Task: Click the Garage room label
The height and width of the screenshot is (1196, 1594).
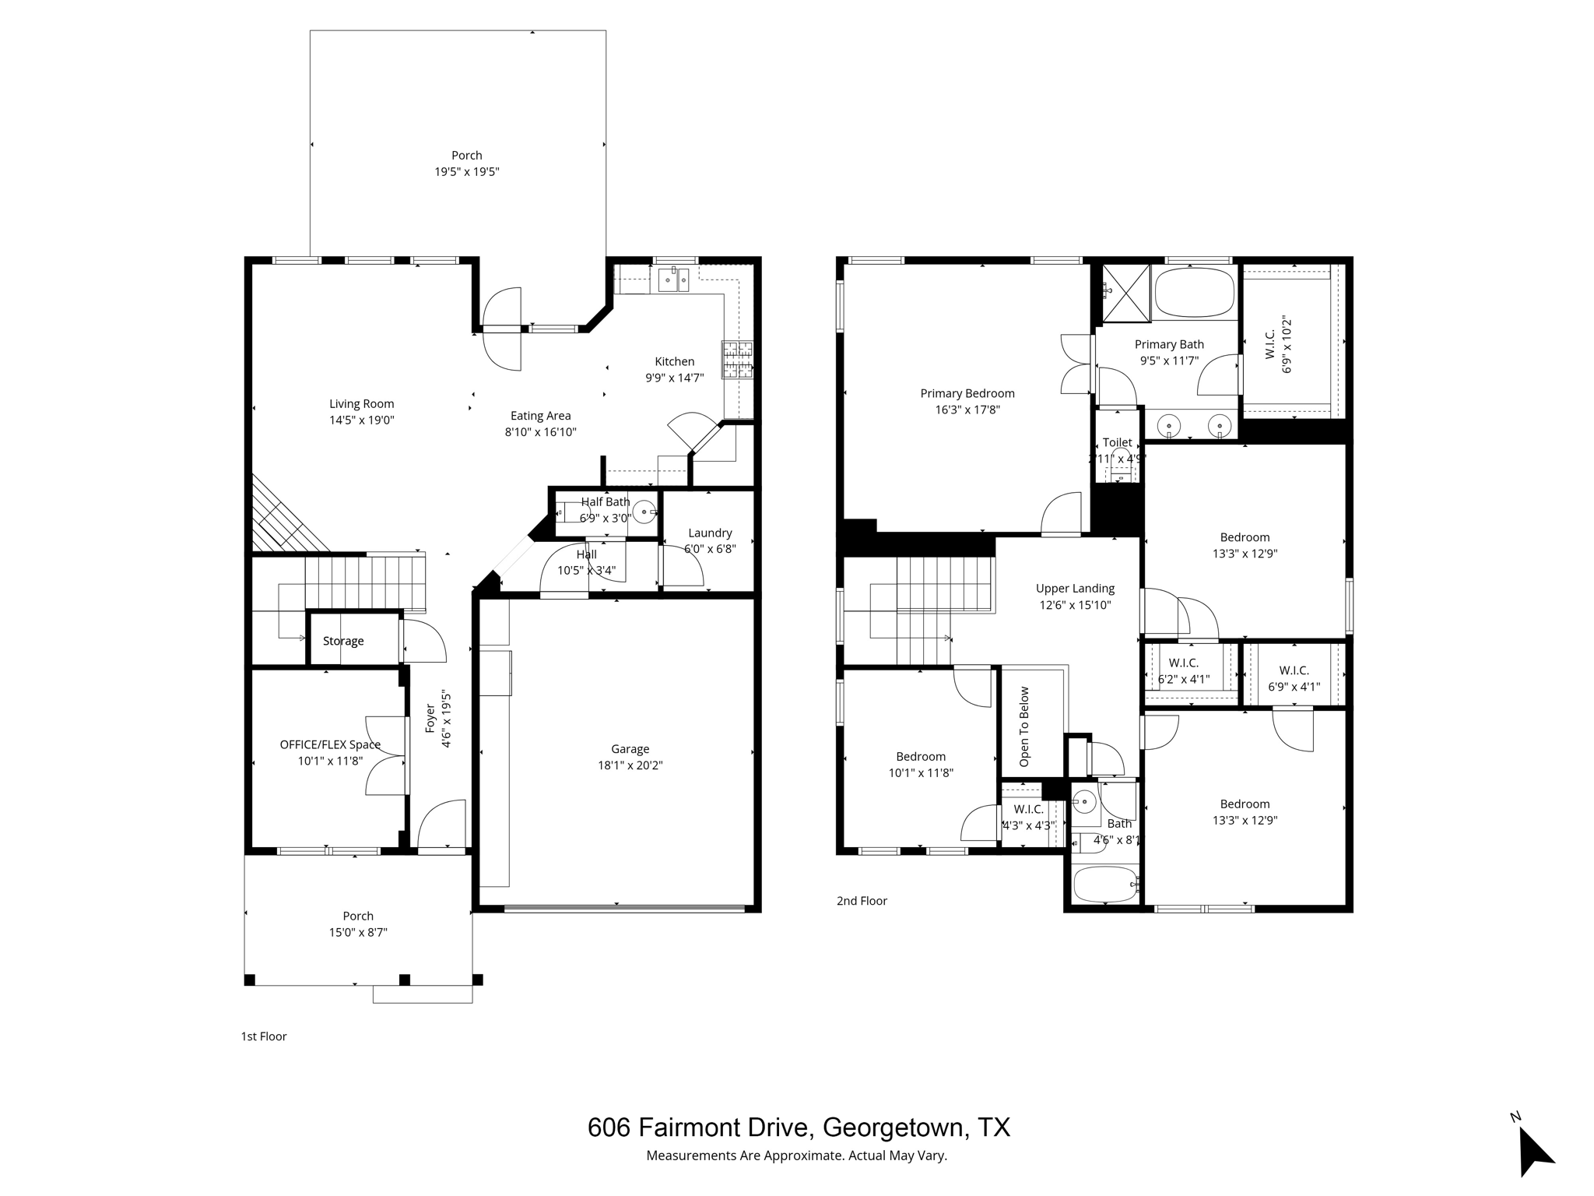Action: pyautogui.click(x=630, y=749)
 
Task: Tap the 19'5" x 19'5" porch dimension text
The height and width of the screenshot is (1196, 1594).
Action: pyautogui.click(x=466, y=172)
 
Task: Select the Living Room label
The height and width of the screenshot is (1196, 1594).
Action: pyautogui.click(x=361, y=403)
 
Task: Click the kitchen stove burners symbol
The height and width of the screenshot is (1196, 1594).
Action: pyautogui.click(x=737, y=360)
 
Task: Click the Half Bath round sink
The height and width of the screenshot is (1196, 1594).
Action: pyautogui.click(x=644, y=512)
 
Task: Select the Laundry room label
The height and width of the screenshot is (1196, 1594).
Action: pyautogui.click(x=710, y=533)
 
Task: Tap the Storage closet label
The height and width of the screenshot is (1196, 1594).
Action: pyautogui.click(x=343, y=641)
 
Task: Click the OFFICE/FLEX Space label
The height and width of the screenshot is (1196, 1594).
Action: pyautogui.click(x=330, y=744)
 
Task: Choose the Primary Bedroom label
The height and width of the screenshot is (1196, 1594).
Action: pyautogui.click(x=967, y=393)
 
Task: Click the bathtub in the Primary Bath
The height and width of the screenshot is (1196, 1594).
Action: pyautogui.click(x=1195, y=293)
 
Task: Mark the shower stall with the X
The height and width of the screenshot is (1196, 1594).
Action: pyautogui.click(x=1126, y=293)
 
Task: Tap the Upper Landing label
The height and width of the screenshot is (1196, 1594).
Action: pyautogui.click(x=1075, y=589)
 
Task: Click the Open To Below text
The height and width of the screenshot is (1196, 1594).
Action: pyautogui.click(x=1024, y=726)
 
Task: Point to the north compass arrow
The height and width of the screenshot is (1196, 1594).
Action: pyautogui.click(x=1534, y=1152)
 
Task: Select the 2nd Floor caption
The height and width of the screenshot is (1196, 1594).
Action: pyautogui.click(x=862, y=901)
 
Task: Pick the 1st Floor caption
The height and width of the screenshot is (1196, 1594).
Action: pyautogui.click(x=264, y=1036)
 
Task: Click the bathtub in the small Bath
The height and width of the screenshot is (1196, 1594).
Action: pyautogui.click(x=1105, y=885)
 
